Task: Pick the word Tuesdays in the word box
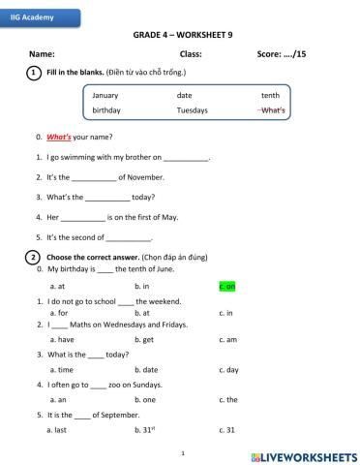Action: click(x=192, y=110)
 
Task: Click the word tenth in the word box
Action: click(x=270, y=96)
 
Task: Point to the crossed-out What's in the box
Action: click(x=272, y=110)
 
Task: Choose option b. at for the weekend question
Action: click(x=142, y=313)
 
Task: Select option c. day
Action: click(x=229, y=370)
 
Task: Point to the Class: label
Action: click(x=191, y=53)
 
